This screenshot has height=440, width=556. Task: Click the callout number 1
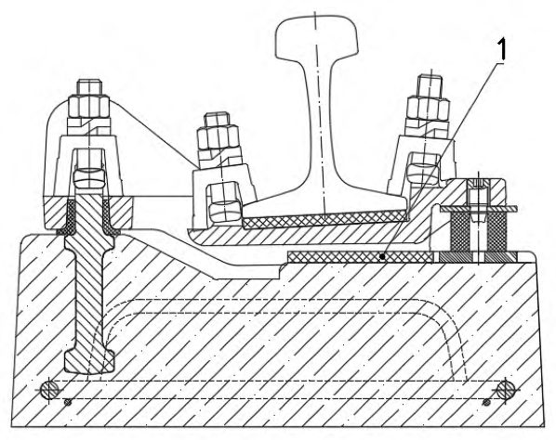pyautogui.click(x=502, y=49)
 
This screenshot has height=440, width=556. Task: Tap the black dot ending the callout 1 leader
pyautogui.click(x=382, y=256)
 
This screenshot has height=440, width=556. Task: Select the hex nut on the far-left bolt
pyautogui.click(x=88, y=106)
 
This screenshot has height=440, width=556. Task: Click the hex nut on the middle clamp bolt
pyautogui.click(x=218, y=137)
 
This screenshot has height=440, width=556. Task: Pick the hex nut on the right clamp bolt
pyautogui.click(x=429, y=110)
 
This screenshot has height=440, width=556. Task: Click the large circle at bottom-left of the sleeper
pyautogui.click(x=51, y=390)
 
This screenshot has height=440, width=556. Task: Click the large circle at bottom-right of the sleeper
pyautogui.click(x=506, y=390)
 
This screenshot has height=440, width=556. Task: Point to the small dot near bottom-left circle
pyautogui.click(x=67, y=402)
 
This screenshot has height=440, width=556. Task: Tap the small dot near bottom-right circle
pyautogui.click(x=487, y=402)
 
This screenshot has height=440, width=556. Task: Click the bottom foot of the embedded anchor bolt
pyautogui.click(x=89, y=360)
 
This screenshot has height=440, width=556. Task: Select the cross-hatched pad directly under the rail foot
pyautogui.click(x=324, y=219)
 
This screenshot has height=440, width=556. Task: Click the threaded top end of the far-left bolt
pyautogui.click(x=89, y=87)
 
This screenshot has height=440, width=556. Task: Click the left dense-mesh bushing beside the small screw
pyautogui.click(x=459, y=231)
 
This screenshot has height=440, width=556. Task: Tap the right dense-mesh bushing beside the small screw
pyautogui.click(x=496, y=231)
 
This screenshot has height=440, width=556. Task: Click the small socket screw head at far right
pyautogui.click(x=478, y=184)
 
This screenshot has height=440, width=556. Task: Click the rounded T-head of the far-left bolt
pyautogui.click(x=89, y=176)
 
